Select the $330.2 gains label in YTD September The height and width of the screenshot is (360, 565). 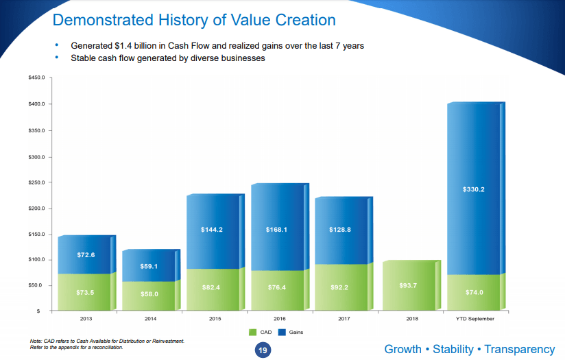coord(474,189)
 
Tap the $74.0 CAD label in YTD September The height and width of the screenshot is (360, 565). coord(474,291)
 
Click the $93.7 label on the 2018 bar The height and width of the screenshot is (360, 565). coord(409,285)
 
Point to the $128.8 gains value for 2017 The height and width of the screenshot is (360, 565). coord(339,230)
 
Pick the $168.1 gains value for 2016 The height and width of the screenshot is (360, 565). coord(276,230)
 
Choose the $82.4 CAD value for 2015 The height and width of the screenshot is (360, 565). coord(213,287)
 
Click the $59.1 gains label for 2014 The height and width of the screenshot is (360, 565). coord(149,266)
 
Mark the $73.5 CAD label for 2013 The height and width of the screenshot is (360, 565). coord(86,292)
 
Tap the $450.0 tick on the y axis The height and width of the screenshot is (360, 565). coord(36,78)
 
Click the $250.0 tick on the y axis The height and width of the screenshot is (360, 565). coord(36,182)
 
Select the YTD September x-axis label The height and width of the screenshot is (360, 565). coord(474,319)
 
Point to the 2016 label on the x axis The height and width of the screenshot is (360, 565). coord(276,319)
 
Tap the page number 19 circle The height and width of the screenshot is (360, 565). coord(261,350)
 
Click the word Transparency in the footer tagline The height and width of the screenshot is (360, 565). coord(519,349)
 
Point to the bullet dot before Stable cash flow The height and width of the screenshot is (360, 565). coord(58,58)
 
